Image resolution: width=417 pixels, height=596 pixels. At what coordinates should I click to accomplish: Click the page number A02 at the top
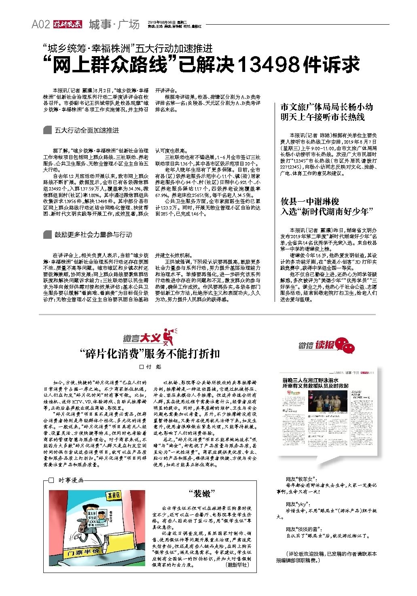[x=40, y=25]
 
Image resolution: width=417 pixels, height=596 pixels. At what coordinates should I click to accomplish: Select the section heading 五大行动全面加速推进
[x=87, y=131]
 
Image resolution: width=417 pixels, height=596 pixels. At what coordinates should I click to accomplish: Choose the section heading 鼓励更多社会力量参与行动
[x=93, y=235]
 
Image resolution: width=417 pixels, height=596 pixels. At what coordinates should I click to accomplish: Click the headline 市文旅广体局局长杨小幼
[x=326, y=107]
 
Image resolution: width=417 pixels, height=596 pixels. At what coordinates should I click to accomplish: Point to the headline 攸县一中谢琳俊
[x=310, y=201]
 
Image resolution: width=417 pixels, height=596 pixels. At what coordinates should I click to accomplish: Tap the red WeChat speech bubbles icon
[x=346, y=345]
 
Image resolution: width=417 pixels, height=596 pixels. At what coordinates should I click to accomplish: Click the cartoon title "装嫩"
[x=201, y=494]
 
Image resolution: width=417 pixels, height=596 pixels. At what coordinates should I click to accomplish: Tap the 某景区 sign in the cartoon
[x=114, y=496]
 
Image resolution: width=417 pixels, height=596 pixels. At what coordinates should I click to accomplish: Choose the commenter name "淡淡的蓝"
[x=303, y=529]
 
